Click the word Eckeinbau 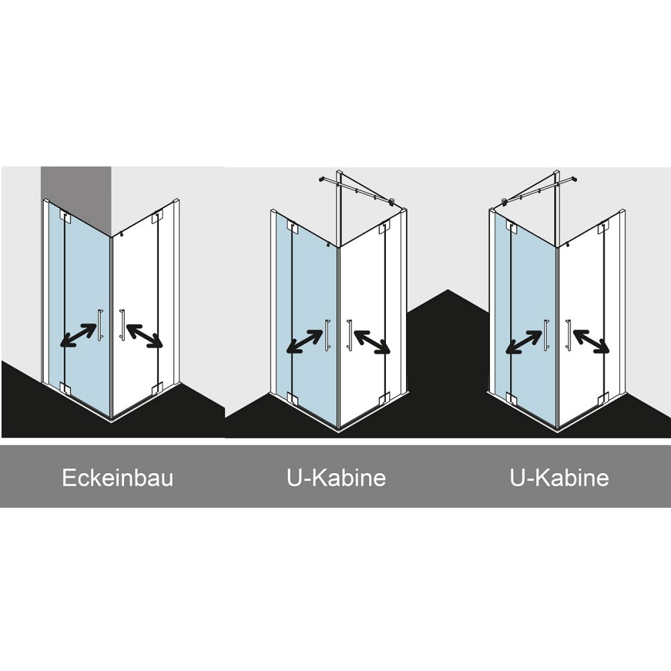pos(117,478)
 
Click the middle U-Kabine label pos(336,478)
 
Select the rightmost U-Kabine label pos(560,478)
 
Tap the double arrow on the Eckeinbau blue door pos(79,335)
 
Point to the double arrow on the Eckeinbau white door pos(145,335)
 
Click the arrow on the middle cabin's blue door pos(305,341)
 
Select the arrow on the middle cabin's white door pos(372,342)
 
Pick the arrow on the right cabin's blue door pos(523,342)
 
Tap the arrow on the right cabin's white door pos(591,342)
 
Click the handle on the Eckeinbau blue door pos(101,324)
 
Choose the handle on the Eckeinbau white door pos(122,325)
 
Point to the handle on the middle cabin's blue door pos(327,335)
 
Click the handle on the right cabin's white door pos(568,335)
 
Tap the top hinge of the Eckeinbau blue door pos(65,216)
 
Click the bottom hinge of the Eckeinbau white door pos(156,389)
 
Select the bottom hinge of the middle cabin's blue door pos(293,398)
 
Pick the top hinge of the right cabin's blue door pos(511,227)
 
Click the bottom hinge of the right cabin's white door pos(603,398)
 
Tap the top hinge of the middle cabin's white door pos(384,227)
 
